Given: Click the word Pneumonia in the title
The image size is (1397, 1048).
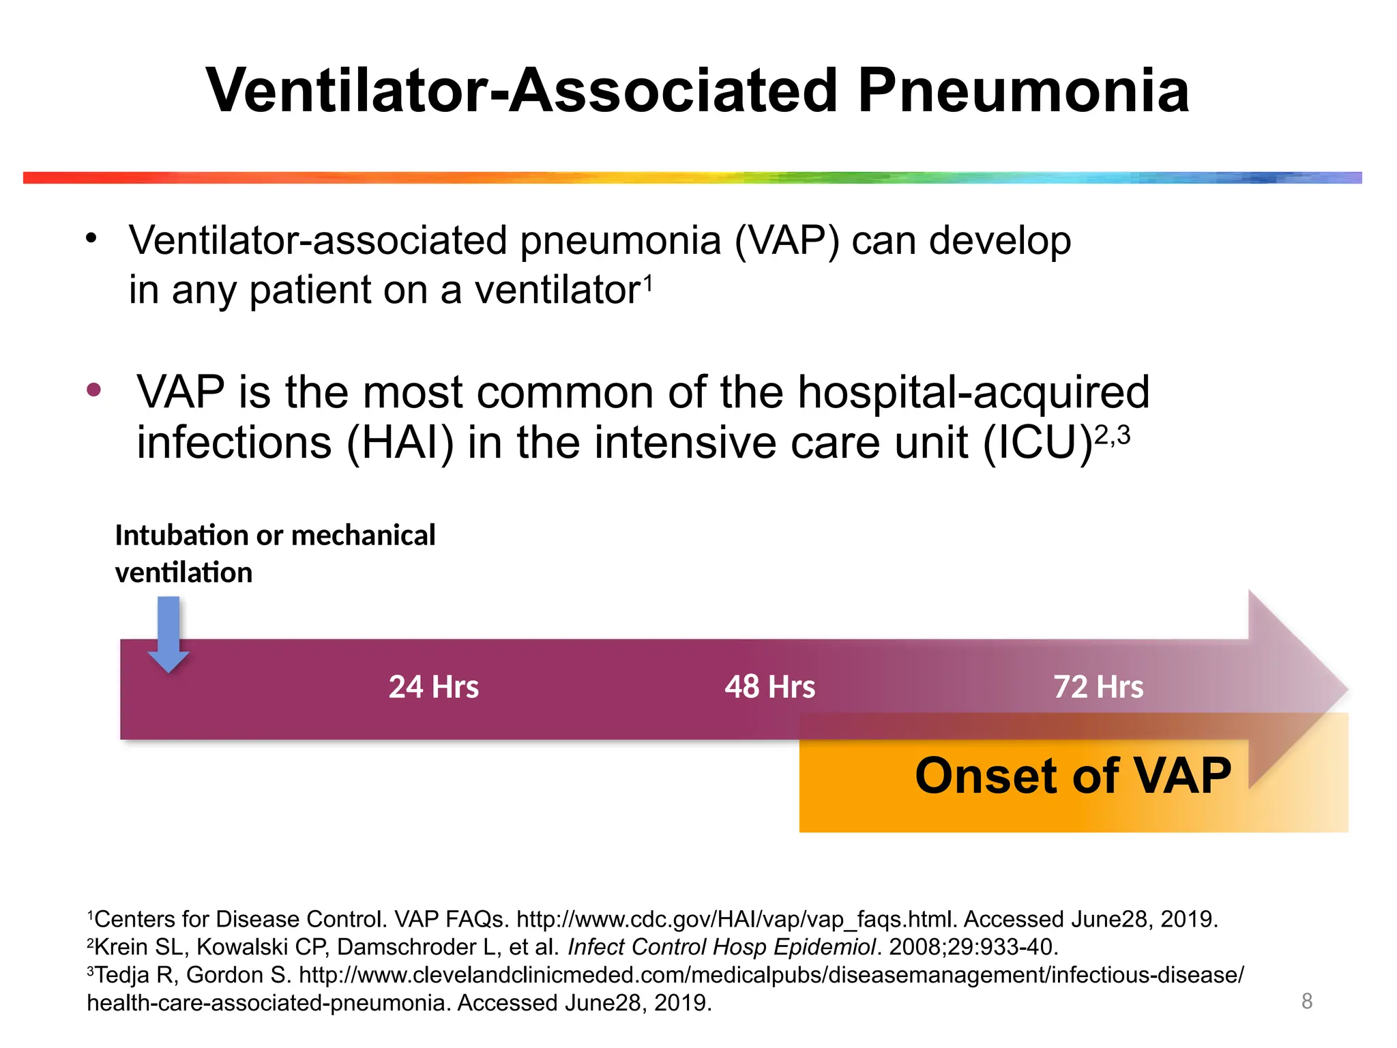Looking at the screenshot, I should click(1023, 91).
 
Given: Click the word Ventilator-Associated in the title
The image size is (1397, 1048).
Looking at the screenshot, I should click(521, 91).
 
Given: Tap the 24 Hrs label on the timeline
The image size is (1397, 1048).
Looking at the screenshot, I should click(434, 686).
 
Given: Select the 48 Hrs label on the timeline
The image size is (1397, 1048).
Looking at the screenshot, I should click(769, 686).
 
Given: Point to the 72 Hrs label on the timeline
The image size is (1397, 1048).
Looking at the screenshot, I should click(1098, 686).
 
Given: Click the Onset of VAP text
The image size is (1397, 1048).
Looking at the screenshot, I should click(1072, 776).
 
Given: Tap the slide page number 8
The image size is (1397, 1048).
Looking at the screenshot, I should click(1307, 1001).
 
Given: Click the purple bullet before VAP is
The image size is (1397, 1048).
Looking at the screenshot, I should click(94, 390).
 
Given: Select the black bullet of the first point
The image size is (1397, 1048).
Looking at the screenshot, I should click(91, 239).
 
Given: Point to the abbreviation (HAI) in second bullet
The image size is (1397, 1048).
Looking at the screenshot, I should click(400, 443).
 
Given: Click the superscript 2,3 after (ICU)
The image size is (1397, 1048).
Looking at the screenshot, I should click(1112, 434).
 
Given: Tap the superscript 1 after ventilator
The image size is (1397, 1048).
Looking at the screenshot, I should click(648, 280).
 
